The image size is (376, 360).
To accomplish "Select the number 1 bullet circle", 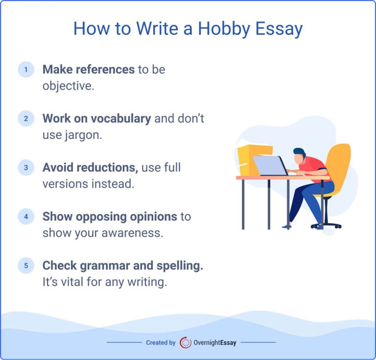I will coord(26,69).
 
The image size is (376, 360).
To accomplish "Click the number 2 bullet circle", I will coord(26,118).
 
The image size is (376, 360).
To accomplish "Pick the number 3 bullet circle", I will coord(26,167).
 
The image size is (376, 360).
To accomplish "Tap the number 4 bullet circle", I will coord(26,216).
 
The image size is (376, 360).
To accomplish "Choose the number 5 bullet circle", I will coord(26,265).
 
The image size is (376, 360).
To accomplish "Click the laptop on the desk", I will coord(269,165).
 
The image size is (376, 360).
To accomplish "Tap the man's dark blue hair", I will coord(299,152).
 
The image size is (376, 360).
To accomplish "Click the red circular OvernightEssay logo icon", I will coord(186,342).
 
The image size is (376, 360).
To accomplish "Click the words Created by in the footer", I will coord(161,343).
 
